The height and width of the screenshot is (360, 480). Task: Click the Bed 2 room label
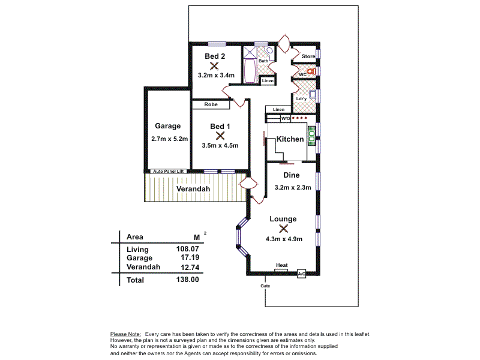[x=214, y=56]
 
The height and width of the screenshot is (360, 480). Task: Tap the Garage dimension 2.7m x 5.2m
[x=170, y=139]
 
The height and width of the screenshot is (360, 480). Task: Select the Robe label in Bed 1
[x=210, y=105]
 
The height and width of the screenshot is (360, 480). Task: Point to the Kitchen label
[x=290, y=139]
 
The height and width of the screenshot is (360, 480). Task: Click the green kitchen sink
[x=311, y=137]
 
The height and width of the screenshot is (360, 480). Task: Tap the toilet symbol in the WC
[x=310, y=72]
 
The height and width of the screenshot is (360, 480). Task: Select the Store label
[x=308, y=57]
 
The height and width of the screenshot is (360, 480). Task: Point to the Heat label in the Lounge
[x=281, y=265]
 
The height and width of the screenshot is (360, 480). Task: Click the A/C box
[x=302, y=273]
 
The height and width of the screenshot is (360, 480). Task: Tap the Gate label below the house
[x=265, y=286]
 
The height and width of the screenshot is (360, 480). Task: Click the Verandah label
[x=193, y=190]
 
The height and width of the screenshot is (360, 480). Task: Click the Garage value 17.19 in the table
[x=190, y=258]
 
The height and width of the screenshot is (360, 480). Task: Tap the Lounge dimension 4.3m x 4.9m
[x=283, y=239]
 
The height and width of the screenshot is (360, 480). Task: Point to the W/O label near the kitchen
[x=285, y=119]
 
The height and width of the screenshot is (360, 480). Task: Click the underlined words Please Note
[x=125, y=334]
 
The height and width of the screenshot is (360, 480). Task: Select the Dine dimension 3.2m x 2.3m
[x=292, y=187]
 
